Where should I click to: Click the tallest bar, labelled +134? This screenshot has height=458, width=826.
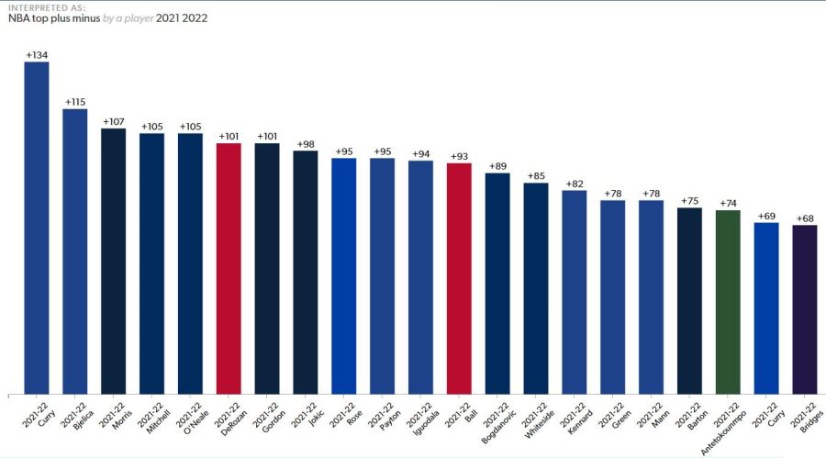pos(37,228)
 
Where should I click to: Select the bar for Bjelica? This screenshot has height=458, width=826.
pos(75,251)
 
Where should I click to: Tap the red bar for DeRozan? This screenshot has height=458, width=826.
pos(229,269)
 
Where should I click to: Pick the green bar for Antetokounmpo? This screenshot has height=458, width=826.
pos(728,302)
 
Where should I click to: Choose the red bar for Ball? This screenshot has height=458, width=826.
pos(459,279)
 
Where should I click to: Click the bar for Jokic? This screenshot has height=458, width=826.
pos(306,273)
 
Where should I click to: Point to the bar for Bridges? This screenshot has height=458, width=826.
pos(805,309)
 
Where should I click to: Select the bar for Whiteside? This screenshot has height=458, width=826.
pos(536,288)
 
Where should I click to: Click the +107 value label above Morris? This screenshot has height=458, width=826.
pos(113,122)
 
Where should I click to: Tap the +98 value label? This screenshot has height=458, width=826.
pos(306,144)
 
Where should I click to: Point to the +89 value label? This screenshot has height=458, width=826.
pos(497,166)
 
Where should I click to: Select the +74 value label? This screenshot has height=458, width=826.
pos(728,204)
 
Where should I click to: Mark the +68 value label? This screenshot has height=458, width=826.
pos(805,218)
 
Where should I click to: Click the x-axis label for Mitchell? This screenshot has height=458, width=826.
pos(151,418)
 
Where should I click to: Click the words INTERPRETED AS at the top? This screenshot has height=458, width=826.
pos(47,8)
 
